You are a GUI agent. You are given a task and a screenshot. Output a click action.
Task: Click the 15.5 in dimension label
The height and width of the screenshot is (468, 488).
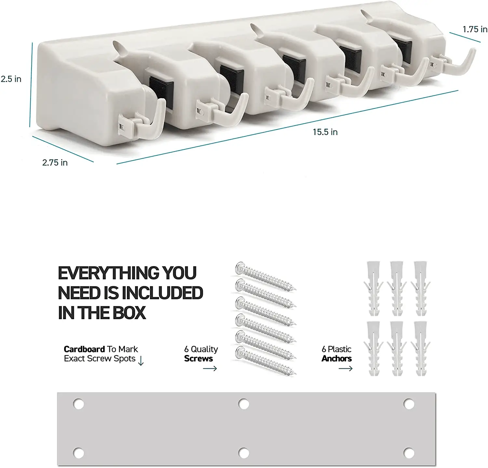click(325, 132)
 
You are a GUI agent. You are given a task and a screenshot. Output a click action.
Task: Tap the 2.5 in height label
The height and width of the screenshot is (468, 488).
click(11, 79)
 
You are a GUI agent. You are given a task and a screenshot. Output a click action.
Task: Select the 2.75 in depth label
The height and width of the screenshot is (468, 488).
click(55, 162)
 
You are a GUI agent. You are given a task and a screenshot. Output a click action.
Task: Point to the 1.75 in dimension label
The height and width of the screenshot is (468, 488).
click(475, 29)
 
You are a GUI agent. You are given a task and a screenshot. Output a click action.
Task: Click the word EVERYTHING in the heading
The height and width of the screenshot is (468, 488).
click(109, 273)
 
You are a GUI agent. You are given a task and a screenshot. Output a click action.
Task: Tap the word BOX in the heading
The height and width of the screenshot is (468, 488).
click(129, 313)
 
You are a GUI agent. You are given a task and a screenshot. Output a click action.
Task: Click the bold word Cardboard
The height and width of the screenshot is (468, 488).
click(84, 349)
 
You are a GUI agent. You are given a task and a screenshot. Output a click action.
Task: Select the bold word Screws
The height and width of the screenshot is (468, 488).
click(198, 359)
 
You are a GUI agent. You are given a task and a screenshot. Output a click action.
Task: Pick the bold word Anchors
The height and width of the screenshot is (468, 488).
click(337, 359)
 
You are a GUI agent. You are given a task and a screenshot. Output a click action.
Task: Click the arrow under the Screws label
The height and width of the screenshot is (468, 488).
click(210, 368)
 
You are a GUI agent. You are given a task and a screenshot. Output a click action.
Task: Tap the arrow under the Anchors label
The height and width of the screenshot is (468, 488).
click(346, 368)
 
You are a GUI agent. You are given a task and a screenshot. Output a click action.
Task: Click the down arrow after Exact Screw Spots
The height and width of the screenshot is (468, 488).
click(141, 361)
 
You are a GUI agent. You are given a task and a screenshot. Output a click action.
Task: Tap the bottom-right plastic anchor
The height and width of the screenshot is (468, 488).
click(421, 348)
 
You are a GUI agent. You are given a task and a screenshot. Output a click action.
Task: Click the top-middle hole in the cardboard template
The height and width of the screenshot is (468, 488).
click(243, 404)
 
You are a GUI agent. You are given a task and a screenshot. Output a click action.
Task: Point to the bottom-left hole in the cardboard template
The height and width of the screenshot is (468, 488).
click(78, 453)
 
